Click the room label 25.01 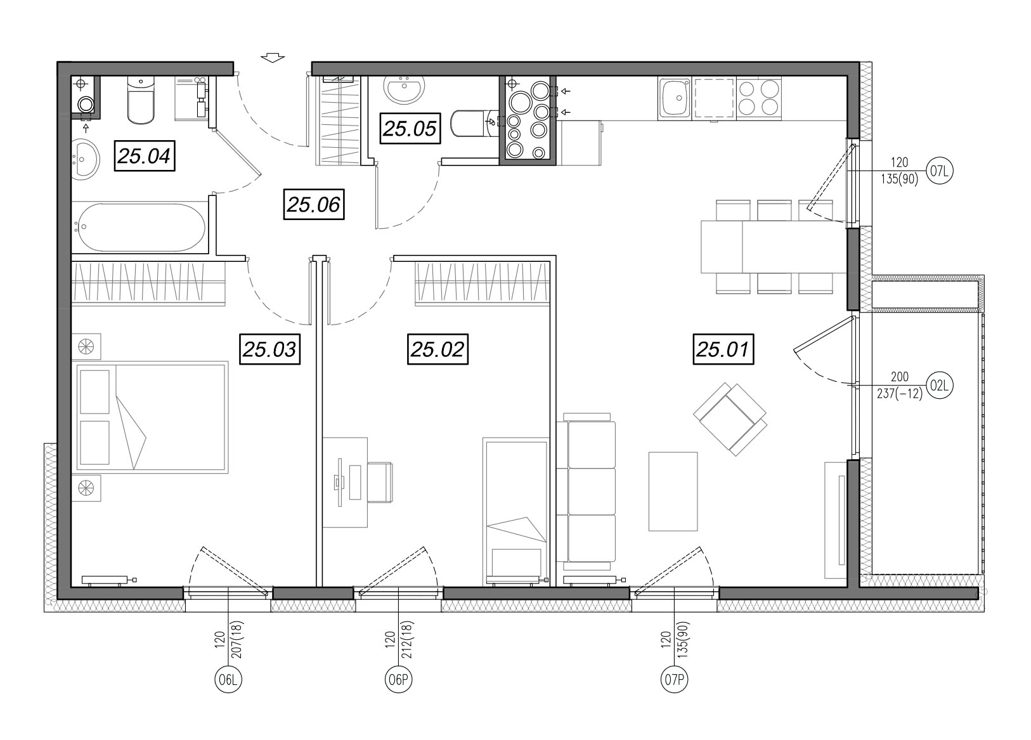tap(723, 349)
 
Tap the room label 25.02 tap(438, 349)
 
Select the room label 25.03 tap(269, 349)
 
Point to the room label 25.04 tap(145, 156)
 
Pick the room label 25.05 tap(410, 128)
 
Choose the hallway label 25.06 tap(313, 204)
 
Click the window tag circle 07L tap(940, 171)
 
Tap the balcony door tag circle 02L tap(940, 386)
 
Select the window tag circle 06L tap(228, 679)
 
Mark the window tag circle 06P tap(398, 679)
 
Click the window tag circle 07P tap(674, 679)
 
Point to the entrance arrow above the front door tap(273, 58)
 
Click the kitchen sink tap(674, 98)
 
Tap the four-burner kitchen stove tap(758, 98)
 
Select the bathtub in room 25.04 tap(141, 228)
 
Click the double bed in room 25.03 tap(152, 417)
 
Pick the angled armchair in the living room tap(730, 419)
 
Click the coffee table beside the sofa tap(673, 491)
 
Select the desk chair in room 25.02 tap(380, 483)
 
